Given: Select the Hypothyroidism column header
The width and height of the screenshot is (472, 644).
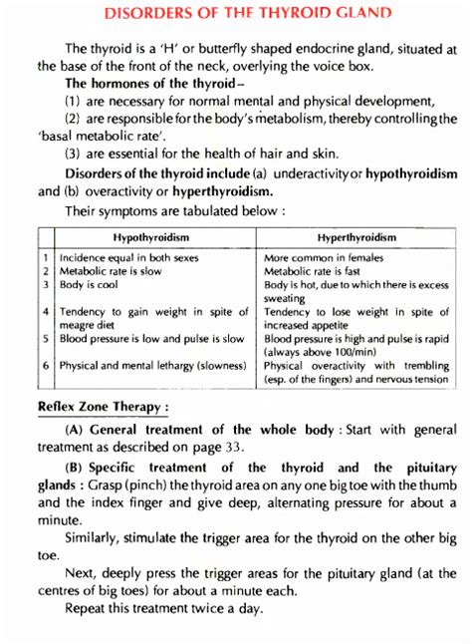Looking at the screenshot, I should coord(151,237).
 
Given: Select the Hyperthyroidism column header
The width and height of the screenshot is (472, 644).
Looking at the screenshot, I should coord(355,237).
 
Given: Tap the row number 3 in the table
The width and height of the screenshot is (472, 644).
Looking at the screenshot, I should coord(45,285).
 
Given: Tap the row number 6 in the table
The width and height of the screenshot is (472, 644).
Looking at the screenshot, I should coord(45,366).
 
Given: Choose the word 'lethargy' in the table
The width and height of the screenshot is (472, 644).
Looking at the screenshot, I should coord(171,366).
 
